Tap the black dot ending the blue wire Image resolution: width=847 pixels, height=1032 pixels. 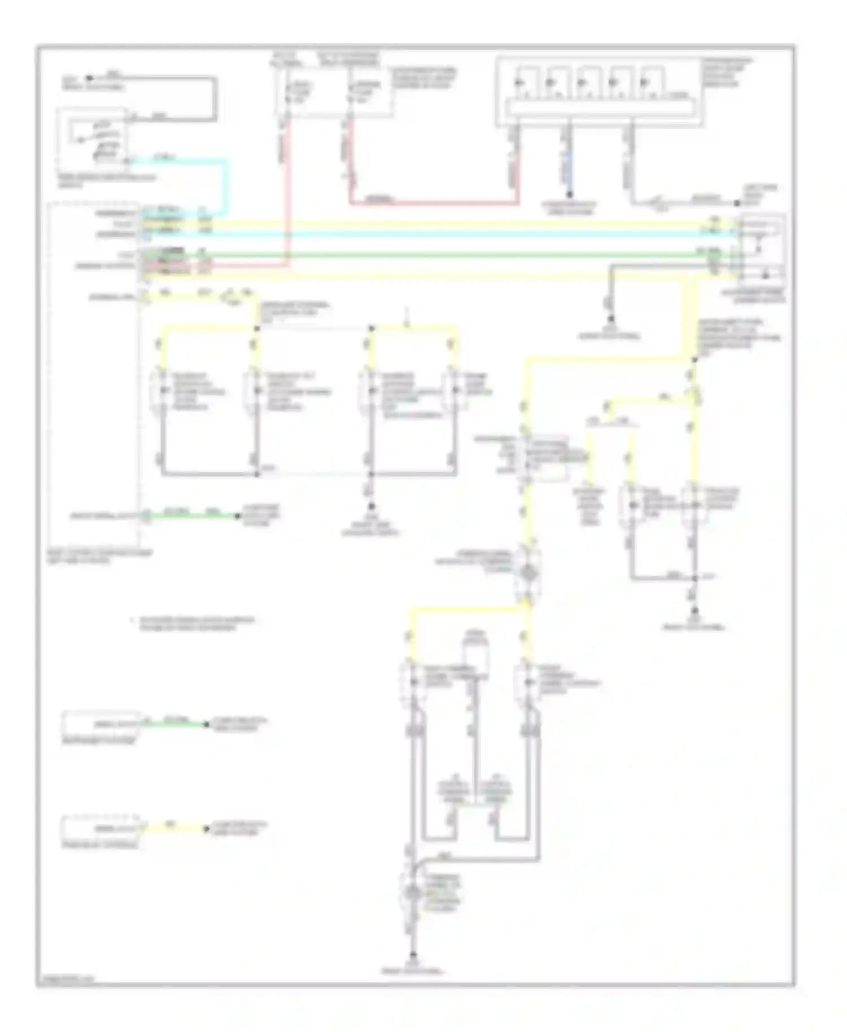point(569,195)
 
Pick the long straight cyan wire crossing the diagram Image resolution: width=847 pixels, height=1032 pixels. point(440,233)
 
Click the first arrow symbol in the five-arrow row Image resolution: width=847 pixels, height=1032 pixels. point(518,82)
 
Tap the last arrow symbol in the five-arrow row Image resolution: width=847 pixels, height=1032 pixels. point(644,82)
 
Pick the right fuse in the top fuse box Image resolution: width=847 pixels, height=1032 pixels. point(351,92)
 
